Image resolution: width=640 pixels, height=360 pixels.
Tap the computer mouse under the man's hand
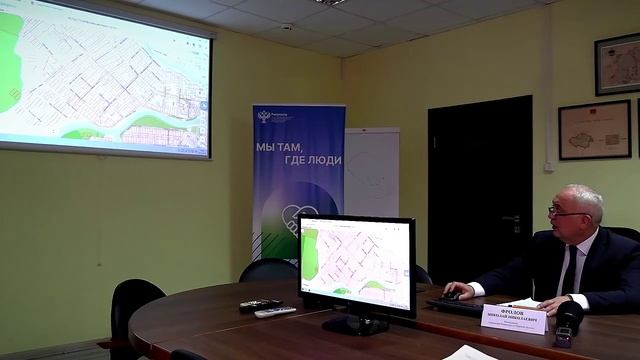click(x=453, y=295)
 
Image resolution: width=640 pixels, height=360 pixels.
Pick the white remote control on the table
click(x=274, y=312)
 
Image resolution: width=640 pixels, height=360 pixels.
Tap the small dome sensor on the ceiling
click(x=288, y=28)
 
